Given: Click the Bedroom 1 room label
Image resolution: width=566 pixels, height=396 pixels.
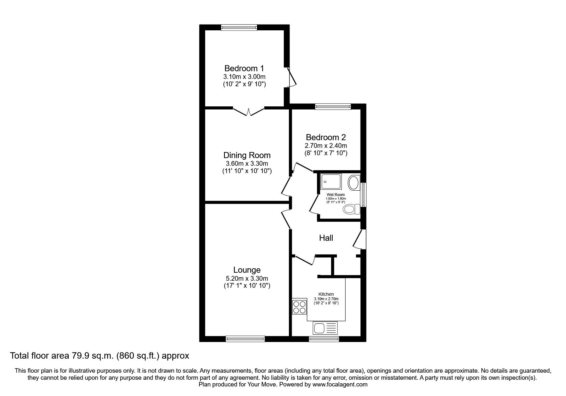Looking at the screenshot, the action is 244,68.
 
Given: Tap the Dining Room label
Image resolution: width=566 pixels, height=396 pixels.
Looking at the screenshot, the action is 247,156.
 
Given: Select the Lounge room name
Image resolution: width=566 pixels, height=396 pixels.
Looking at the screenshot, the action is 247,270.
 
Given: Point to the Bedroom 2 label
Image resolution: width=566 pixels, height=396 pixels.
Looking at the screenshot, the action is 326,138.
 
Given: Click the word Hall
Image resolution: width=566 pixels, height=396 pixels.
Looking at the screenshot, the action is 326,238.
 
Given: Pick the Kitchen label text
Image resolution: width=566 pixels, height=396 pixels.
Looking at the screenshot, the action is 326,294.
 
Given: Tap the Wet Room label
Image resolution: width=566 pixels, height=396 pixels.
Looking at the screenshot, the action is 336,195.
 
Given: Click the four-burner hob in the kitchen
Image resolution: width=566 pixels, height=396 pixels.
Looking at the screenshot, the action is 299,307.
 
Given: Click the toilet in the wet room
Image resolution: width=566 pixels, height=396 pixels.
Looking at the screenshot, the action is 351,209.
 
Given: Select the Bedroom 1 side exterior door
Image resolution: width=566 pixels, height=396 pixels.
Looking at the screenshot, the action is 291,77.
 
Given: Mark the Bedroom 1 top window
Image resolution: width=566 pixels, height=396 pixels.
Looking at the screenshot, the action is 239,28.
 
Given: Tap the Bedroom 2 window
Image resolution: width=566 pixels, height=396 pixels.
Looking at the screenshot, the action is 333,107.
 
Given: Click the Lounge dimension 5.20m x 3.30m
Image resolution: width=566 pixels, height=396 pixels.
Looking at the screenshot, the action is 247,278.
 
